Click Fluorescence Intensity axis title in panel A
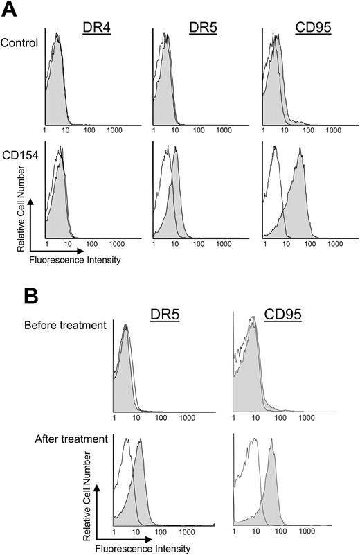(x=65, y=261)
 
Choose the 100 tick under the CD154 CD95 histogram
(x=308, y=244)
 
